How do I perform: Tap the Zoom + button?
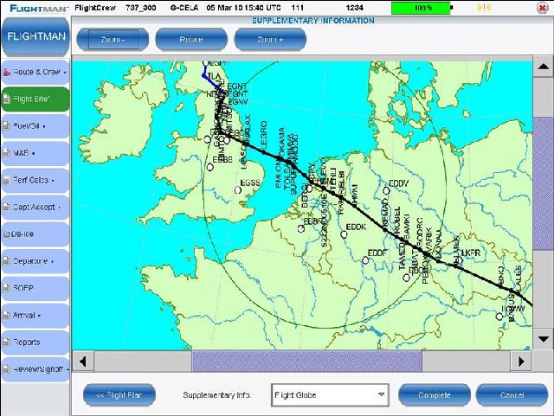[x=269, y=39]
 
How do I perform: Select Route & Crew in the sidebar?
[x=35, y=71]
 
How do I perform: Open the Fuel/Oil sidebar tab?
[x=35, y=125]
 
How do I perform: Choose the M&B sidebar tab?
[x=35, y=152]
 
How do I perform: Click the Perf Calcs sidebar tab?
[x=35, y=180]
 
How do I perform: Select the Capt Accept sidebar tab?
[x=35, y=207]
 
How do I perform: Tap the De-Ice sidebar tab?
[x=35, y=234]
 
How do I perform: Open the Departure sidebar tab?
[x=35, y=260]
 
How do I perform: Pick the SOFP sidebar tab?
[x=35, y=288]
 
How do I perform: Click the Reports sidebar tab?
[x=35, y=342]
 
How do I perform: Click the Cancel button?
[x=512, y=395]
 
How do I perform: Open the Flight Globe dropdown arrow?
[x=381, y=395]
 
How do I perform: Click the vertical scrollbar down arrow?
[x=543, y=337]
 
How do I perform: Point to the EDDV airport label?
[x=399, y=182]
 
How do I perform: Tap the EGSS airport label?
[x=250, y=182]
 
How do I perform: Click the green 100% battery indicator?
[x=422, y=7]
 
